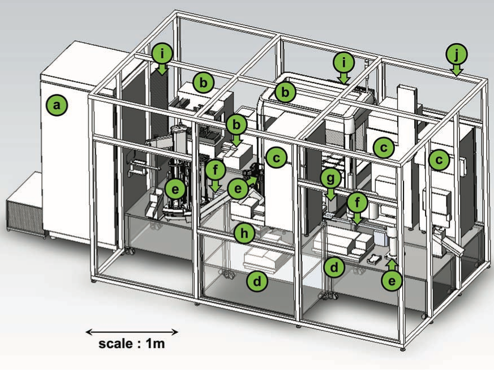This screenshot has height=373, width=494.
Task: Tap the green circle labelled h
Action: (x=244, y=231)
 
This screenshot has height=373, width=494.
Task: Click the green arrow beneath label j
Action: (x=457, y=70)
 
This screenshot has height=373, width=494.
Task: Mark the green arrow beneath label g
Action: (x=331, y=194)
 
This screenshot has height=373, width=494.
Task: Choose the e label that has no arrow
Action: (x=175, y=189)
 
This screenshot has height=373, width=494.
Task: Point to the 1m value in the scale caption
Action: (x=156, y=343)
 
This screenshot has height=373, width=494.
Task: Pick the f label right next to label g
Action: (x=356, y=201)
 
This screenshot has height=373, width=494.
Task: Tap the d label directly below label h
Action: (x=257, y=281)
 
